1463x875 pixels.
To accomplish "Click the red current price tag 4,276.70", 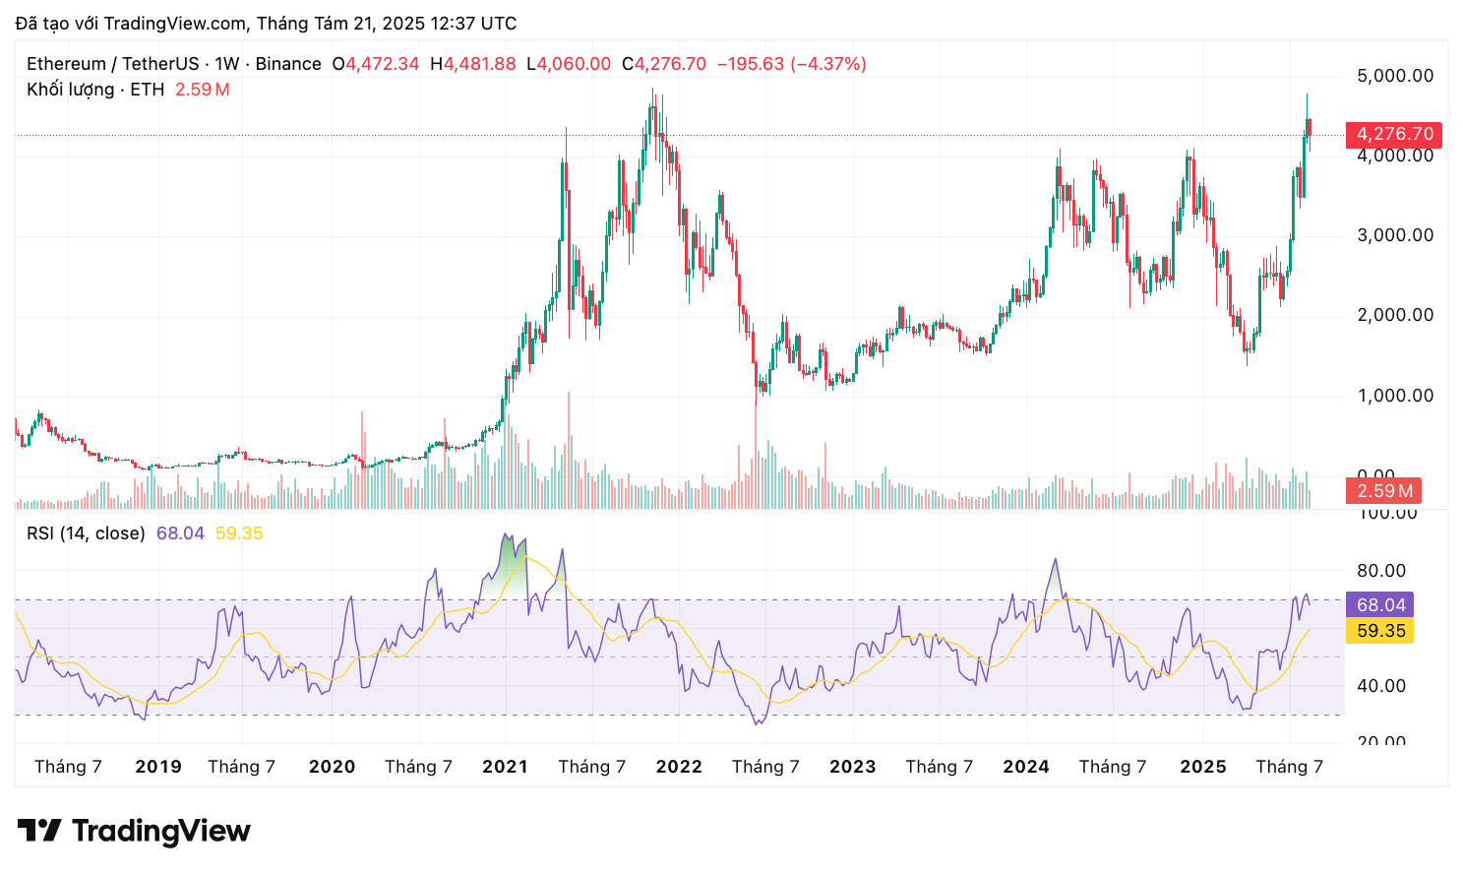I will [x=1394, y=134].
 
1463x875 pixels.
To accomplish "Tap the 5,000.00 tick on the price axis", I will [x=1394, y=76].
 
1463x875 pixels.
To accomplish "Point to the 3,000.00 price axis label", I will [x=1394, y=235].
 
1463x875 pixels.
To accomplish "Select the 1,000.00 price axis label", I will [x=1394, y=396].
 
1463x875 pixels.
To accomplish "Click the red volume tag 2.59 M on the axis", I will [x=1383, y=491].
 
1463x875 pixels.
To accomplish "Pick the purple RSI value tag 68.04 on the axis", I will [x=1380, y=605].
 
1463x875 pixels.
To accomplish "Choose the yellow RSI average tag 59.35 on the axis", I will [x=1380, y=631].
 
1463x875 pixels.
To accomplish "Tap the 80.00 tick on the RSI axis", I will [x=1381, y=571].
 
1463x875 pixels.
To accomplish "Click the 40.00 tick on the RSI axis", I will [x=1381, y=686].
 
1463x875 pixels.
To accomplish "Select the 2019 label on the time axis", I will [x=158, y=767].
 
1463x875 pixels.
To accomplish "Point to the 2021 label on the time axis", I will [x=505, y=767].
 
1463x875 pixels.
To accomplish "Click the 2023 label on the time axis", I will [x=852, y=767].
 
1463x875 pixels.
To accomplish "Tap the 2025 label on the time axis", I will [x=1203, y=767].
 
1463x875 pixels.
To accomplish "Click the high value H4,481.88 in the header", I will [x=473, y=64].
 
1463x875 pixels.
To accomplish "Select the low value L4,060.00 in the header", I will [x=569, y=64].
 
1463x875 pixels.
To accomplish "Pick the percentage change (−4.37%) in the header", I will [x=829, y=64].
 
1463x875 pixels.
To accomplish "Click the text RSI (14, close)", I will [x=86, y=533].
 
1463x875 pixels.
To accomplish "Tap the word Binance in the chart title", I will [x=288, y=64].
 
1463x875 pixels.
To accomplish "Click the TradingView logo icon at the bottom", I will [x=39, y=831].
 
